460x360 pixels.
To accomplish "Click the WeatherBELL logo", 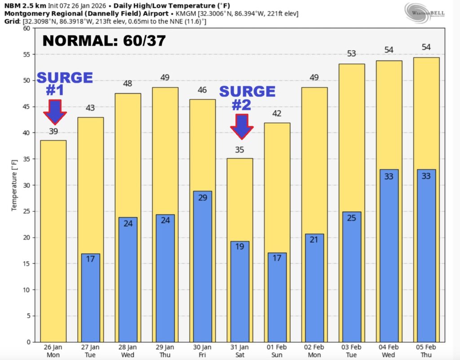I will (425, 12).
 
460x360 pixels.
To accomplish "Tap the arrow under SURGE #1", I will (55, 112).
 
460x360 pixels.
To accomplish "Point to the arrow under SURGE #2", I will (242, 126).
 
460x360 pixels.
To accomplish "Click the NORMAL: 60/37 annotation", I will (104, 41).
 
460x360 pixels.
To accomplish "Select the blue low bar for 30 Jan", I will (202, 270).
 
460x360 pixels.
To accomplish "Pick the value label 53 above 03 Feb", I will (351, 54).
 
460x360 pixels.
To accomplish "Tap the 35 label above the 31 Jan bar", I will (239, 150).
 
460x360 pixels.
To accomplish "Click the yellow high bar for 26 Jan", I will (53, 243).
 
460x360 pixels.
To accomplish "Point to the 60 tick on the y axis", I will (26, 28).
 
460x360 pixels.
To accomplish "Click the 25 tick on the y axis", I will (26, 211).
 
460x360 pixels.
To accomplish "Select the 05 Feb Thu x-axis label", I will (426, 351).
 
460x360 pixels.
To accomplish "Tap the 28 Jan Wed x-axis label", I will (128, 351).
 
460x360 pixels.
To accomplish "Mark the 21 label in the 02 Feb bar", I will (314, 239).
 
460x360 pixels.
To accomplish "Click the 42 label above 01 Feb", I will (277, 113).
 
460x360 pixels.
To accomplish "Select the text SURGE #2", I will (247, 98).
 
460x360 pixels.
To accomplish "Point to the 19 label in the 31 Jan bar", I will (239, 246).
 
